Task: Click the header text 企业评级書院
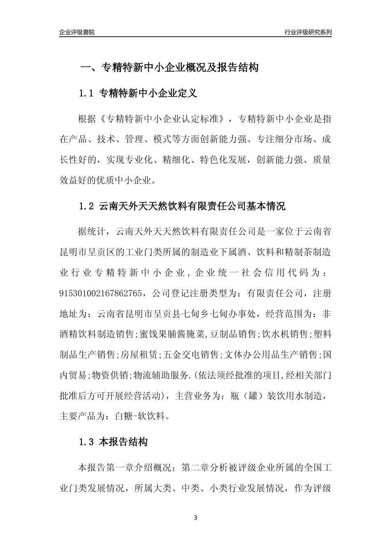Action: [77, 32]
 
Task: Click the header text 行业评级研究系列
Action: [308, 32]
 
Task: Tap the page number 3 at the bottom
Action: [195, 518]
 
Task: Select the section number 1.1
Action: [86, 94]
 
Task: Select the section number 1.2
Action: [86, 207]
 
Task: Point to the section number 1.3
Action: [86, 443]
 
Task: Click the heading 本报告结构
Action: [123, 443]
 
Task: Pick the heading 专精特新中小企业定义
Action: [148, 94]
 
